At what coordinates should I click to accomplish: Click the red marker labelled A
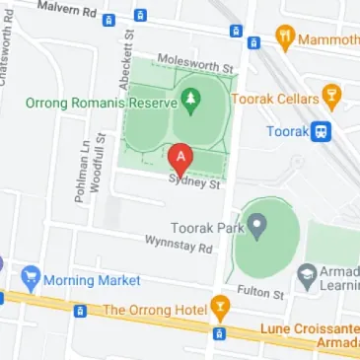tap(180, 158)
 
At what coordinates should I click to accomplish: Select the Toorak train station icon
tap(322, 130)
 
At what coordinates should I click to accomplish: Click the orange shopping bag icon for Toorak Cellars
tap(330, 98)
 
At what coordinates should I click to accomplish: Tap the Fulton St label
tap(263, 293)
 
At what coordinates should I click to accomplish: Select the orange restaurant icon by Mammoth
tap(285, 38)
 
